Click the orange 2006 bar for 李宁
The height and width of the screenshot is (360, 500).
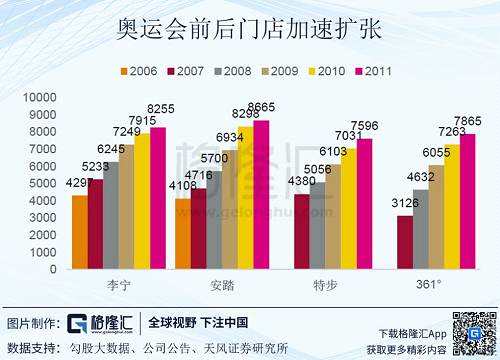80,233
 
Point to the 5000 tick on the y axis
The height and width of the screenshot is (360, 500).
41,183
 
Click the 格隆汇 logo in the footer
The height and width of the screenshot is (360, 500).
103,323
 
